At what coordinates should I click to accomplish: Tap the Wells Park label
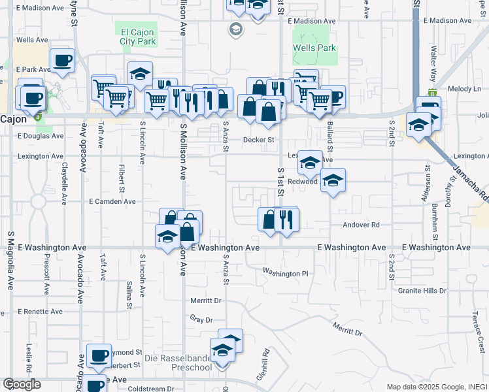pyautogui.click(x=314, y=48)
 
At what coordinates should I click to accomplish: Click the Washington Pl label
pyautogui.click(x=285, y=272)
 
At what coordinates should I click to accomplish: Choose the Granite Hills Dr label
pyautogui.click(x=425, y=291)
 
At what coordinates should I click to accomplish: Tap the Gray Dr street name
pyautogui.click(x=202, y=320)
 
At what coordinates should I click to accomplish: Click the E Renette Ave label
pyautogui.click(x=40, y=312)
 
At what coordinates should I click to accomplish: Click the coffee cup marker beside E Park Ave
pyautogui.click(x=62, y=61)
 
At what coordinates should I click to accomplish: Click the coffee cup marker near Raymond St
pyautogui.click(x=99, y=356)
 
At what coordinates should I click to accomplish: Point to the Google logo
pyautogui.click(x=22, y=384)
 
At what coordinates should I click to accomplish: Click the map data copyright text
pyautogui.click(x=436, y=387)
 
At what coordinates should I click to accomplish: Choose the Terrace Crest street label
pyautogui.click(x=480, y=340)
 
